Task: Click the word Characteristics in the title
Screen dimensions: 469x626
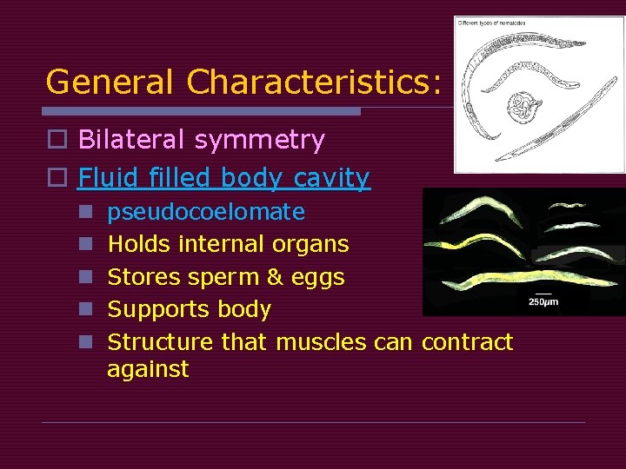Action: (x=313, y=82)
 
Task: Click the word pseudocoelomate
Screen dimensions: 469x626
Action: (x=205, y=212)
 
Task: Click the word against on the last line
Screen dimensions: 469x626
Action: (x=147, y=369)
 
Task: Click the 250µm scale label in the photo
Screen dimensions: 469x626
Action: (x=544, y=302)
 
